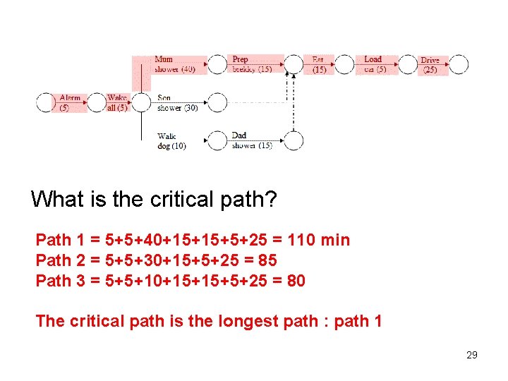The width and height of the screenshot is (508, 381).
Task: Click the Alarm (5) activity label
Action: coord(70,103)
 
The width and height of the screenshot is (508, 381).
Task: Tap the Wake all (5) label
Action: coord(117,103)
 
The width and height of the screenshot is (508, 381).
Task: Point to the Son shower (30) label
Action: coord(177,103)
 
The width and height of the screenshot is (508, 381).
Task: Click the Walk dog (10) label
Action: coord(171,141)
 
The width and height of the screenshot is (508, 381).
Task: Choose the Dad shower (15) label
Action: coord(251,140)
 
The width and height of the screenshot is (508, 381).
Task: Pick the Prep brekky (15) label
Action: coord(251,64)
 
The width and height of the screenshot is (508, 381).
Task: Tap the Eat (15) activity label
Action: coord(319,65)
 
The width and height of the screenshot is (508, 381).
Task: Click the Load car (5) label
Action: coord(374,64)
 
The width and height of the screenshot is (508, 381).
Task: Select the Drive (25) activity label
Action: coord(430,65)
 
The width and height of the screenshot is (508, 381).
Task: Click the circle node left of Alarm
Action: coord(46,103)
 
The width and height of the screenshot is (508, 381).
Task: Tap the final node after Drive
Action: coord(459,65)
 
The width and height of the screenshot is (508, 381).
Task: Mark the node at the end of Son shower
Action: coord(217,103)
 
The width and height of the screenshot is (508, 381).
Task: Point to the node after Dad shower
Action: coord(294,140)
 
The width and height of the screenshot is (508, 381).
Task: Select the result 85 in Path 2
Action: coord(267,260)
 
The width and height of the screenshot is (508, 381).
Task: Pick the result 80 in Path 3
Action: coord(296,281)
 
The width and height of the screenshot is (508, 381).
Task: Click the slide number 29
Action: coord(472,355)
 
